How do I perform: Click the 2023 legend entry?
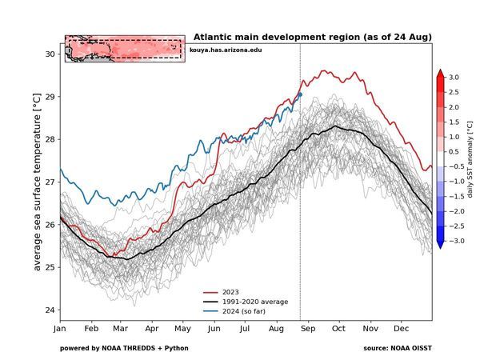(x=230, y=292)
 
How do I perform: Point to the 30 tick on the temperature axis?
(x=50, y=54)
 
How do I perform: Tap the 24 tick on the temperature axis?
(x=50, y=310)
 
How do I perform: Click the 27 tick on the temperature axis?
(x=50, y=182)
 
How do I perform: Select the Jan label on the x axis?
(x=60, y=329)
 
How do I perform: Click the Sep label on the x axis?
(x=308, y=329)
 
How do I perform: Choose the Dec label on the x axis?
(x=402, y=329)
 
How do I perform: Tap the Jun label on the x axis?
(x=214, y=329)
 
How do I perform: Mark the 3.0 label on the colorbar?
(x=453, y=77)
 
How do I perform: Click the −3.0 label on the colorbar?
(x=453, y=241)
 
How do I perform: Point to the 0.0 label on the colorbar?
(x=453, y=158)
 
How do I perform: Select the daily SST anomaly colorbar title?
(x=470, y=158)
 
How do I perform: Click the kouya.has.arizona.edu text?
(x=226, y=50)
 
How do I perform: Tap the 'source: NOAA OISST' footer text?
(x=397, y=348)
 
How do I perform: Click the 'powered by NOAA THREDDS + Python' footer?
(x=124, y=348)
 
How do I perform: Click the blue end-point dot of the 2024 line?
(x=299, y=94)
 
